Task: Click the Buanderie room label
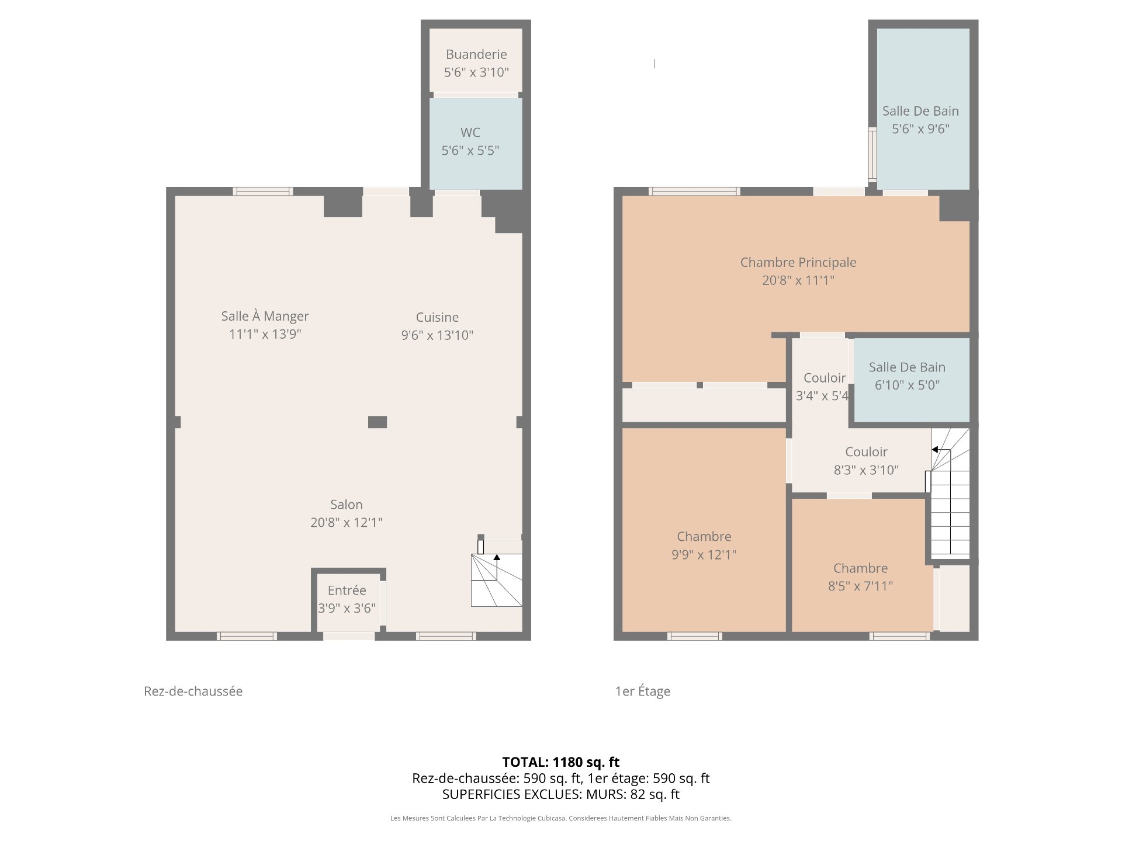point(476,54)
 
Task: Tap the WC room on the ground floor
point(476,143)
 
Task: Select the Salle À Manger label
point(265,316)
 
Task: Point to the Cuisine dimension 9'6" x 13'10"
point(437,335)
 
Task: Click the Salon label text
point(347,505)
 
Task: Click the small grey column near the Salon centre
point(378,422)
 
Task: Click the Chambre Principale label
point(798,262)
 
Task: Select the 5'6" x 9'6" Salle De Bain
point(923,109)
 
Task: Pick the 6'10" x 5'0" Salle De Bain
point(912,380)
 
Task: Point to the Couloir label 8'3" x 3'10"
point(866,461)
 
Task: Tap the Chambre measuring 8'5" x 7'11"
point(862,565)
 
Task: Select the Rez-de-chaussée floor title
point(193,691)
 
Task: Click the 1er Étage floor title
point(643,691)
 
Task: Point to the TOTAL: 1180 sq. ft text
point(561,762)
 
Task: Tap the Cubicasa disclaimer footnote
point(561,818)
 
